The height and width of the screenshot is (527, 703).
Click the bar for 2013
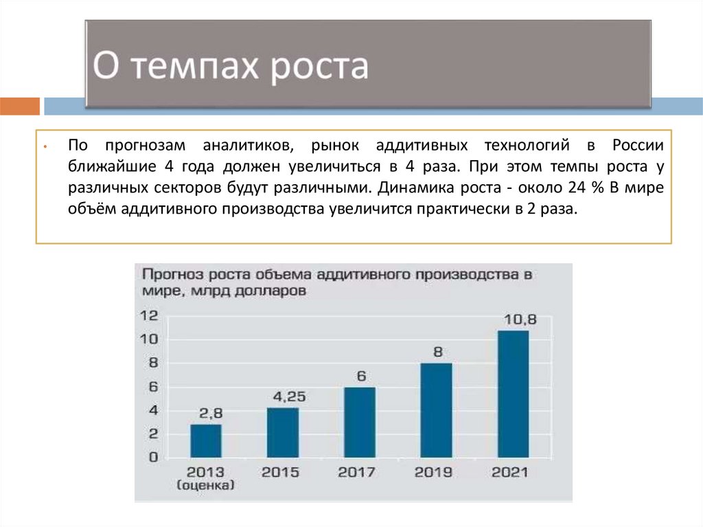point(206,440)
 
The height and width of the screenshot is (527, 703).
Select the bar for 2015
point(283,432)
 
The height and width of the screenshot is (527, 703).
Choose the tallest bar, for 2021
point(513,394)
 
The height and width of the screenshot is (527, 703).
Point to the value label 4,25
point(289,396)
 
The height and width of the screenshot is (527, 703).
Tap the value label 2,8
point(211,413)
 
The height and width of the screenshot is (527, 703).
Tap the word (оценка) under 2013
point(206,486)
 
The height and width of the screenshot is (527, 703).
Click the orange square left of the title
point(20,106)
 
